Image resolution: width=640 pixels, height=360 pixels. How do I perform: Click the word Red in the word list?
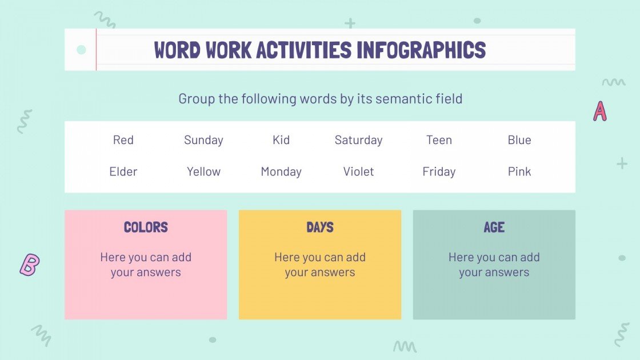coord(123,140)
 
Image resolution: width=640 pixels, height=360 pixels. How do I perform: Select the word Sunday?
coord(203,140)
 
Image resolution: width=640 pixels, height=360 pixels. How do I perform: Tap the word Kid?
coord(281,140)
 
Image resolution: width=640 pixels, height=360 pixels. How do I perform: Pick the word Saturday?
coord(358,140)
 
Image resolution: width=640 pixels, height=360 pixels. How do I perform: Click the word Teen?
coord(439,140)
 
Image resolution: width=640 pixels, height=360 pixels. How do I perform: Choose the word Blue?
coord(519,140)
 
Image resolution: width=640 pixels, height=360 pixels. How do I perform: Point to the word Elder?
coord(123,171)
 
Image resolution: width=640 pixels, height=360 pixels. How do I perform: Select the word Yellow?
coord(203,171)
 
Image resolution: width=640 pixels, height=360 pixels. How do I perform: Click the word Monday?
coord(281,171)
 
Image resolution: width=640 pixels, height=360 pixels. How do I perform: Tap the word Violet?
coord(358,171)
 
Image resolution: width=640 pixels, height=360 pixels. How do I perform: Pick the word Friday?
coord(439,171)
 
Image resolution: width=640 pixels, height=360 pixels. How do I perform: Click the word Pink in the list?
coord(519,171)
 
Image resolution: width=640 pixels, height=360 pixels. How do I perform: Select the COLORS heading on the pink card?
coord(146,227)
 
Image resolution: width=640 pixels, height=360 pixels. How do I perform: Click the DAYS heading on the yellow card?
coord(320,227)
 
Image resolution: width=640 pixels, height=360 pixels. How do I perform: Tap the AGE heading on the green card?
coord(494,227)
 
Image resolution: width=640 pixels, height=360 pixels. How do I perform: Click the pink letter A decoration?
coord(599,111)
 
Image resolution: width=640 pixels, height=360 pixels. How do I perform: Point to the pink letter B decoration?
coord(29,265)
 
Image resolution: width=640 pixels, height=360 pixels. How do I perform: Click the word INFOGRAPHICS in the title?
coord(421,50)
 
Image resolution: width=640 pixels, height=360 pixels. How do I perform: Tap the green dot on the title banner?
coord(81,50)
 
